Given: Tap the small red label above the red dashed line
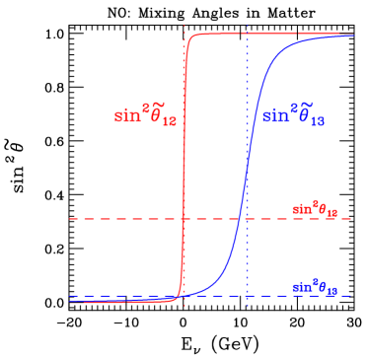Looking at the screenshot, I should click(x=315, y=210).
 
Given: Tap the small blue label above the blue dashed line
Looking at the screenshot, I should click(x=315, y=287).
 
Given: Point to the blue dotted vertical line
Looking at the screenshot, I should click(x=247, y=79).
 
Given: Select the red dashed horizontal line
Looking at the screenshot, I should click(x=118, y=219).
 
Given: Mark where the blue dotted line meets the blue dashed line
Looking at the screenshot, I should click(x=247, y=296).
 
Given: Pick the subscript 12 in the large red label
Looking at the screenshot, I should click(x=169, y=121).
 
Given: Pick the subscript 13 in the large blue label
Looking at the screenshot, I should click(x=315, y=122).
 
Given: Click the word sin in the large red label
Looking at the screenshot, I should click(x=127, y=115).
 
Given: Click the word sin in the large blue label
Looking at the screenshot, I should click(x=273, y=116).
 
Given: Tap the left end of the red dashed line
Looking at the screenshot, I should click(x=70, y=219).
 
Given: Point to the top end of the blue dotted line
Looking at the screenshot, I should click(x=247, y=26).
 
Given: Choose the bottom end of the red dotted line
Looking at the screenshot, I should click(x=184, y=307).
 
